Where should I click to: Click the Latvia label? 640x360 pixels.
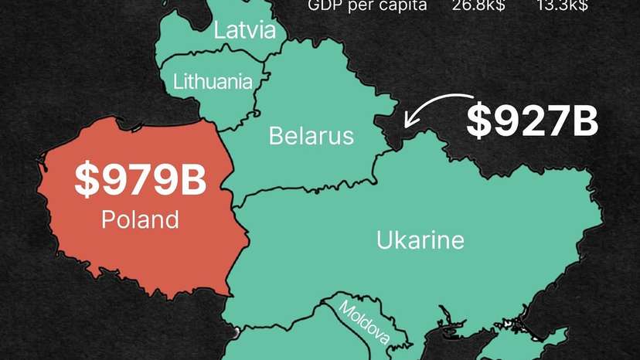tap(244, 31)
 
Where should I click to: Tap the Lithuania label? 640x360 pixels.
tap(213, 80)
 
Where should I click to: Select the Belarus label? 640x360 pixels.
tap(311, 136)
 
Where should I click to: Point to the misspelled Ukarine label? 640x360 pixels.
tap(420, 240)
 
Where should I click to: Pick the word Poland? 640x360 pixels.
tap(140, 220)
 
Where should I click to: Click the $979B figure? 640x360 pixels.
tap(140, 180)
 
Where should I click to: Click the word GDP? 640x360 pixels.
tap(324, 6)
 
